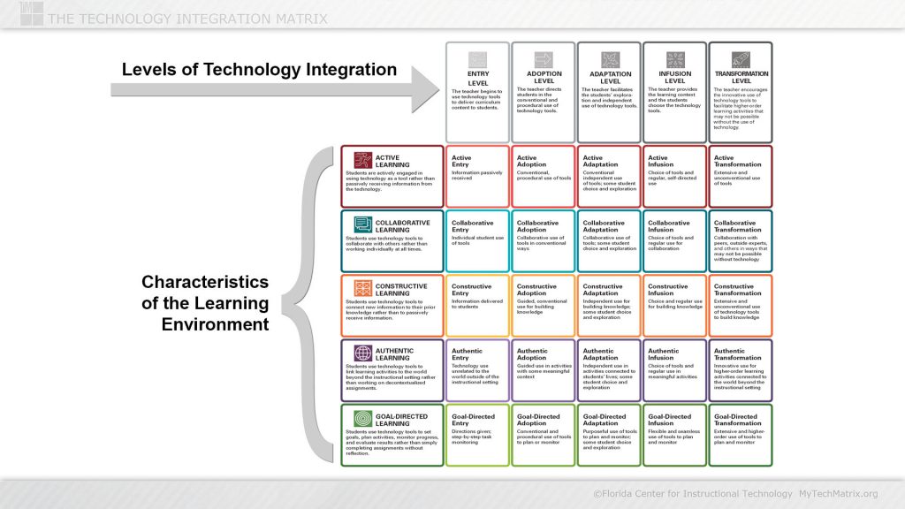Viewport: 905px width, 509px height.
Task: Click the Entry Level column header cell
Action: click(477, 91)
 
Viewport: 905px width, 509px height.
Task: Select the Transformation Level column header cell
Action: click(740, 91)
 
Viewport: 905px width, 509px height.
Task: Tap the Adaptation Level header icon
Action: click(610, 59)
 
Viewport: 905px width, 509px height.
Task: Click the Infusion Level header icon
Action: click(675, 59)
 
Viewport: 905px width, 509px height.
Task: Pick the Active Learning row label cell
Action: click(392, 176)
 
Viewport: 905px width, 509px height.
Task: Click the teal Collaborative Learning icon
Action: click(362, 224)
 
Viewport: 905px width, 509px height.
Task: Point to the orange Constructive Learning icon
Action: click(362, 288)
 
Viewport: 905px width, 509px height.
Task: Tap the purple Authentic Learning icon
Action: click(362, 352)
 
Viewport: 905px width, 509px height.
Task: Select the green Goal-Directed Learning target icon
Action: click(362, 417)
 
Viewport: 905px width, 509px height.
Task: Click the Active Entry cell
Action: click(477, 176)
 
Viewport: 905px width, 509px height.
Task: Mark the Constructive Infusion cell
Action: click(674, 304)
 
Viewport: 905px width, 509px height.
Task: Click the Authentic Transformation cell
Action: click(741, 368)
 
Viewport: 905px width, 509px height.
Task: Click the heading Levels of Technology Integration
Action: click(259, 69)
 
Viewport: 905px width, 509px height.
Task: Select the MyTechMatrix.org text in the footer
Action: click(838, 493)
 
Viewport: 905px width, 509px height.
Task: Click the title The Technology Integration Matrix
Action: click(187, 19)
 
